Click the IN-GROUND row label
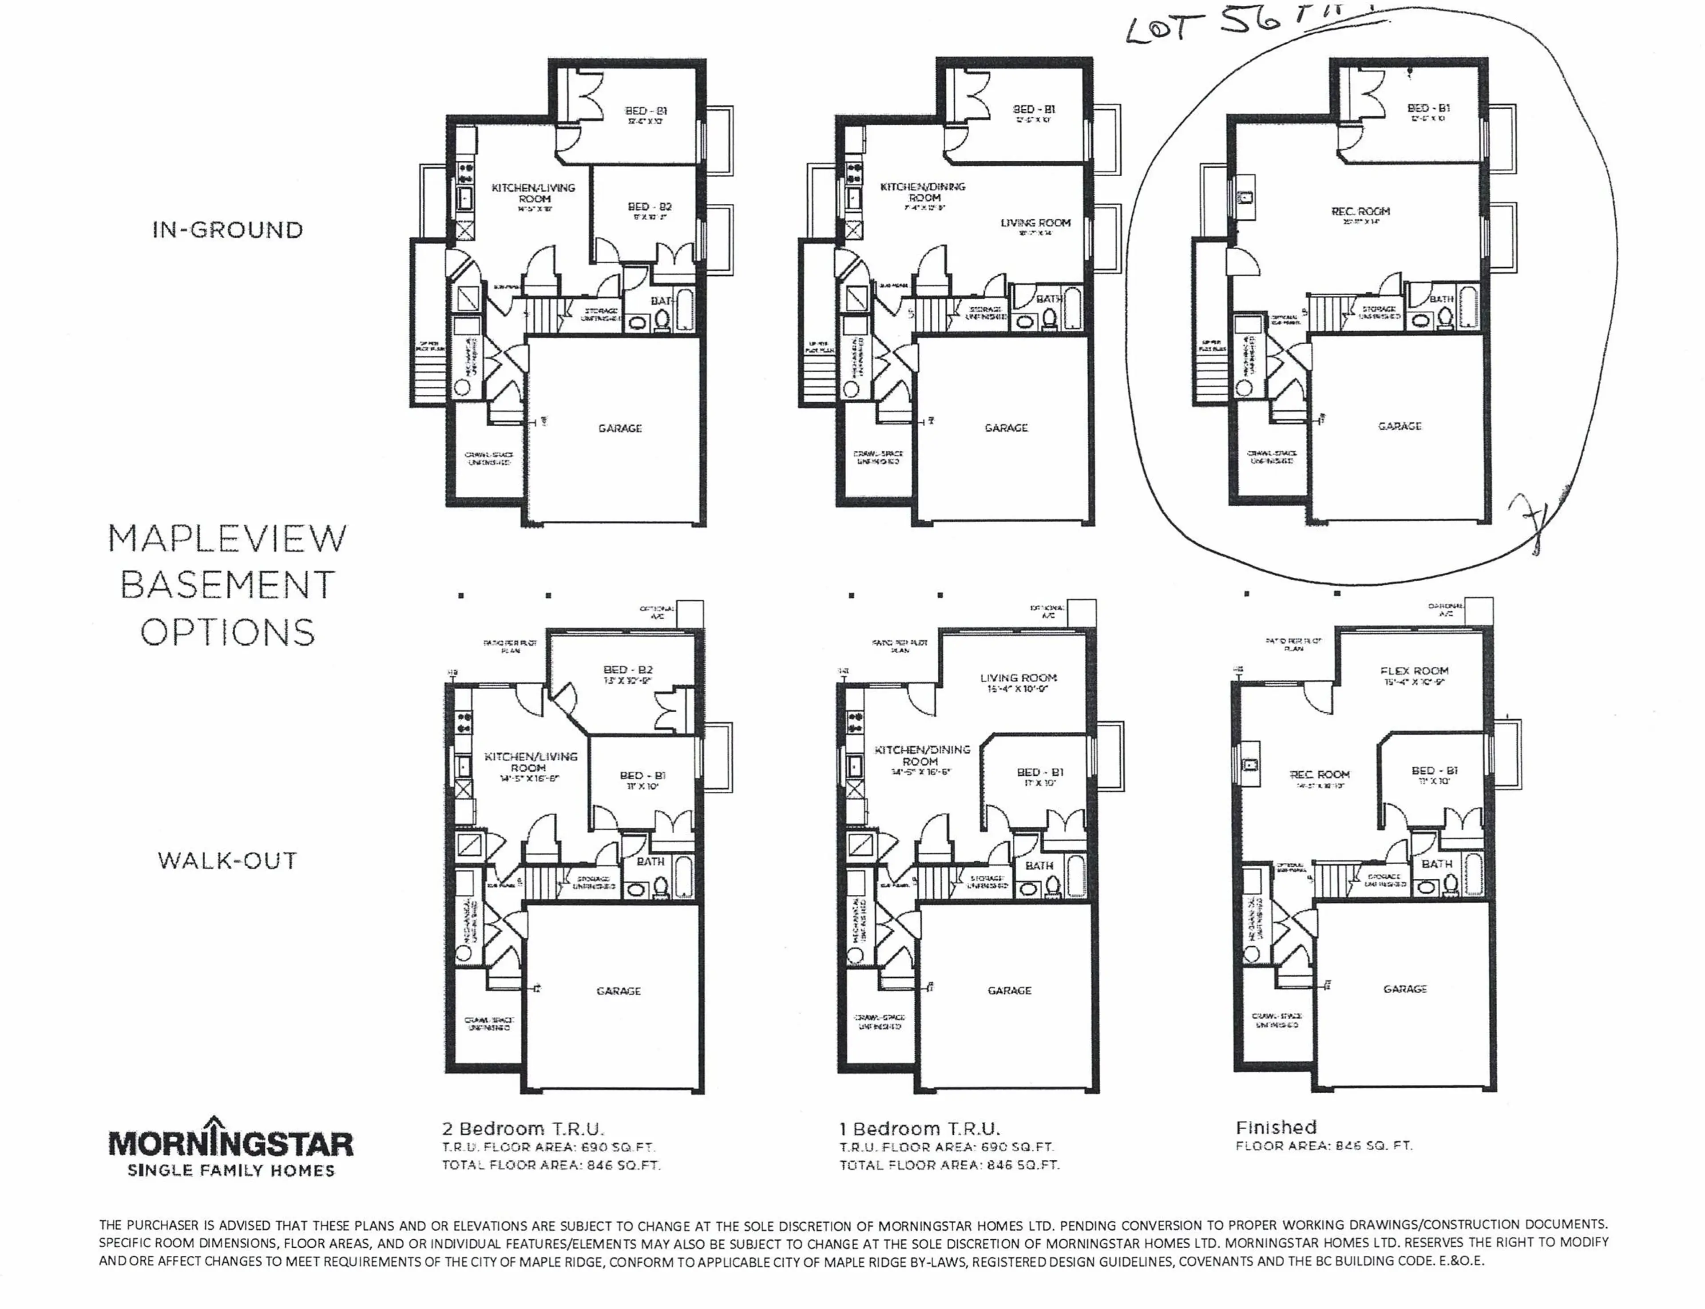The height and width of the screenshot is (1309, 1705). (x=227, y=230)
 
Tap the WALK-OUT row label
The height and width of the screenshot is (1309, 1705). (x=227, y=861)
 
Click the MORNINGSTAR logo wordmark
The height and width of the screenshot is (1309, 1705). (x=230, y=1144)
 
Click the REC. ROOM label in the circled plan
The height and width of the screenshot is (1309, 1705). (x=1360, y=211)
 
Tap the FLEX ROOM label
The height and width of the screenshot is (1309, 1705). (x=1414, y=671)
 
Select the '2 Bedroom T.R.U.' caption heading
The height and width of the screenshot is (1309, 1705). (x=523, y=1128)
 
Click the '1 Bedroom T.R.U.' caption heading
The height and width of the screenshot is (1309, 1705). (x=920, y=1128)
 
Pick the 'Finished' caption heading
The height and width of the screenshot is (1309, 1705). (x=1277, y=1127)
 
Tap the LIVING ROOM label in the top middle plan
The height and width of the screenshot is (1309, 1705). (x=1035, y=223)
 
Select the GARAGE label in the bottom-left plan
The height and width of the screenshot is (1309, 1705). (x=619, y=991)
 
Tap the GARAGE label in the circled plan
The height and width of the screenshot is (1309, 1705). (x=1400, y=426)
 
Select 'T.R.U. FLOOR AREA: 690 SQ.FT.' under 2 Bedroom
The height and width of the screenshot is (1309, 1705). (x=549, y=1147)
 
